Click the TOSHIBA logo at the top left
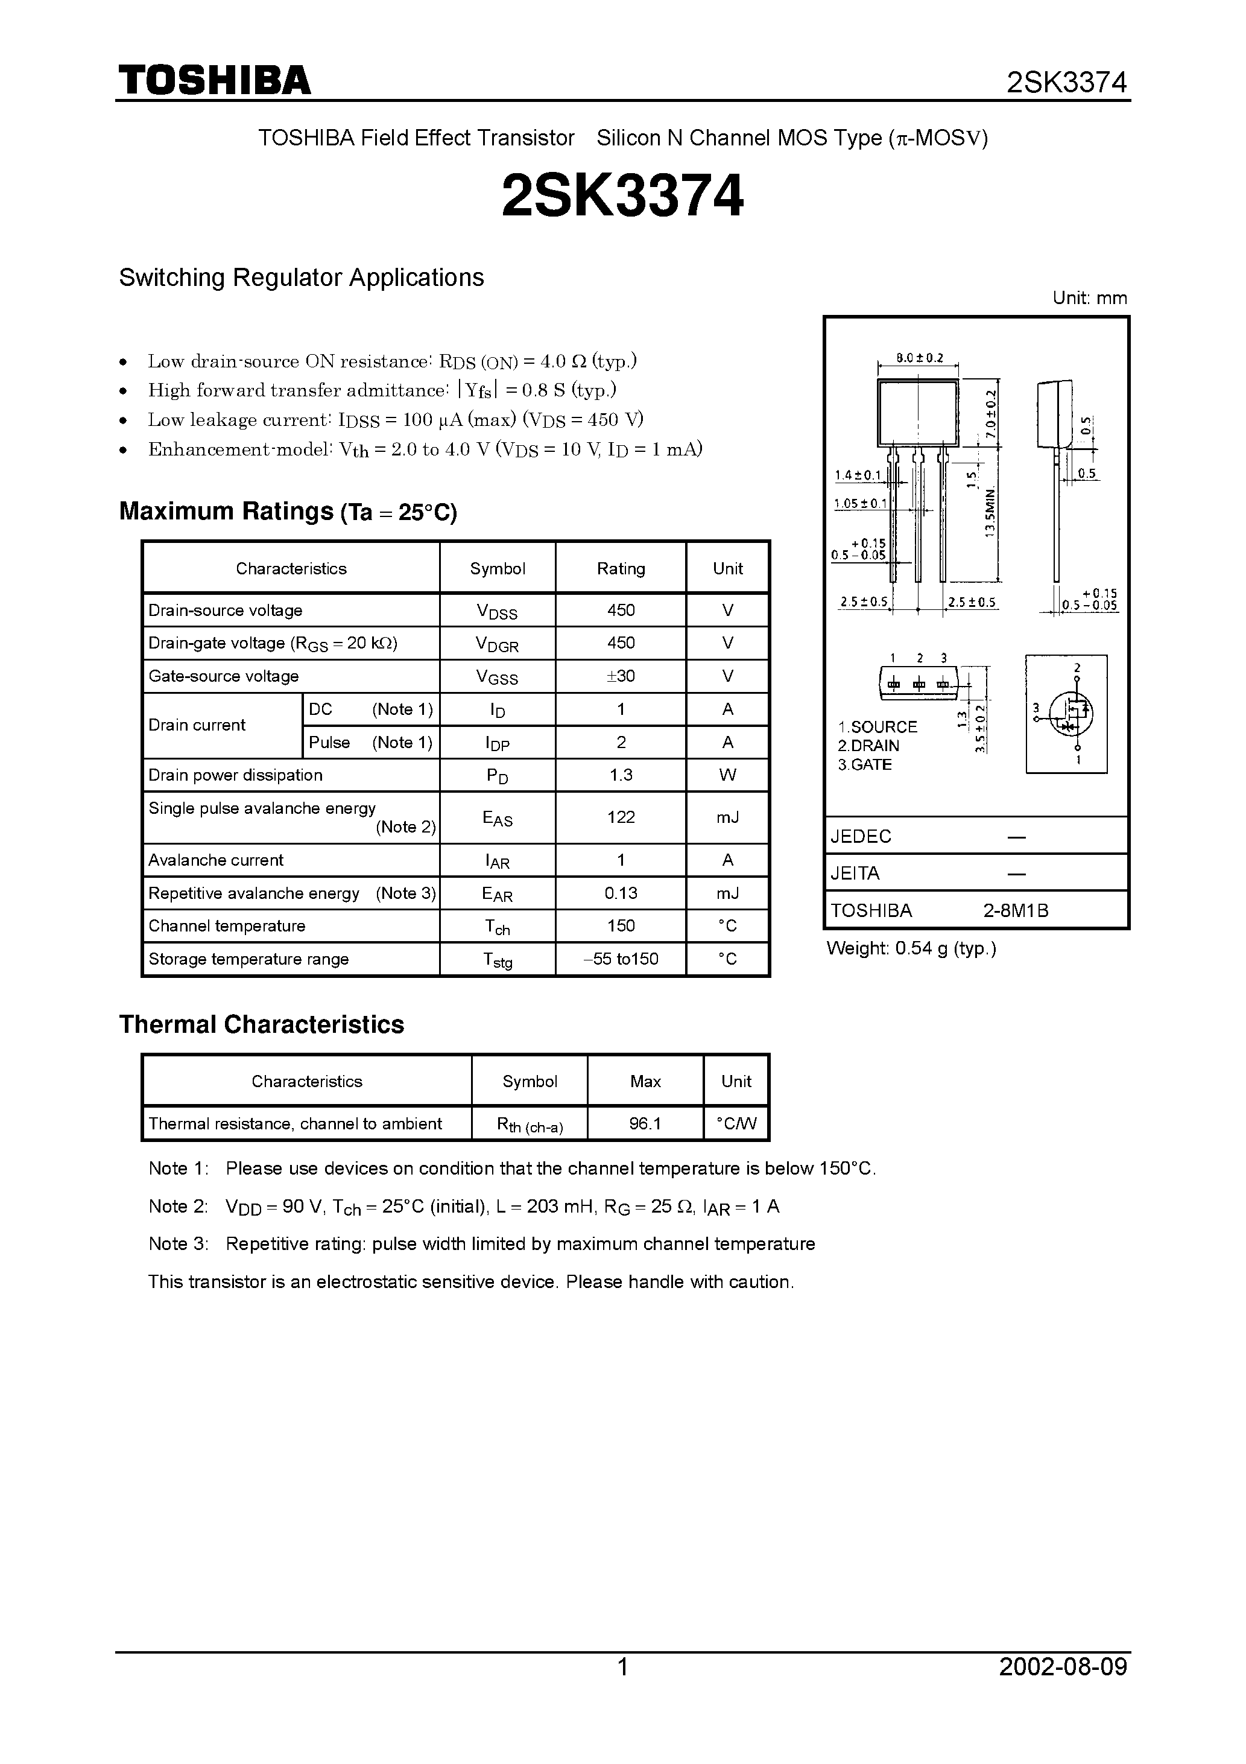point(214,80)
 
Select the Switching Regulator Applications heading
point(301,278)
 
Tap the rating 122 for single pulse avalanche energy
point(621,817)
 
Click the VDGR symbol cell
point(497,644)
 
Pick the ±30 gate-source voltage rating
point(621,676)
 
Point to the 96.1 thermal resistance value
point(645,1124)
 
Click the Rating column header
point(621,568)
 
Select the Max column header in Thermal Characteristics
point(645,1082)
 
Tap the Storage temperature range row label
point(248,959)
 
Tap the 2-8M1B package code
point(1016,911)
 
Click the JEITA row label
point(855,874)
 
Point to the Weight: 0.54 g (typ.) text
point(911,949)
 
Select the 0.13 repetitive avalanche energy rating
point(621,893)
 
